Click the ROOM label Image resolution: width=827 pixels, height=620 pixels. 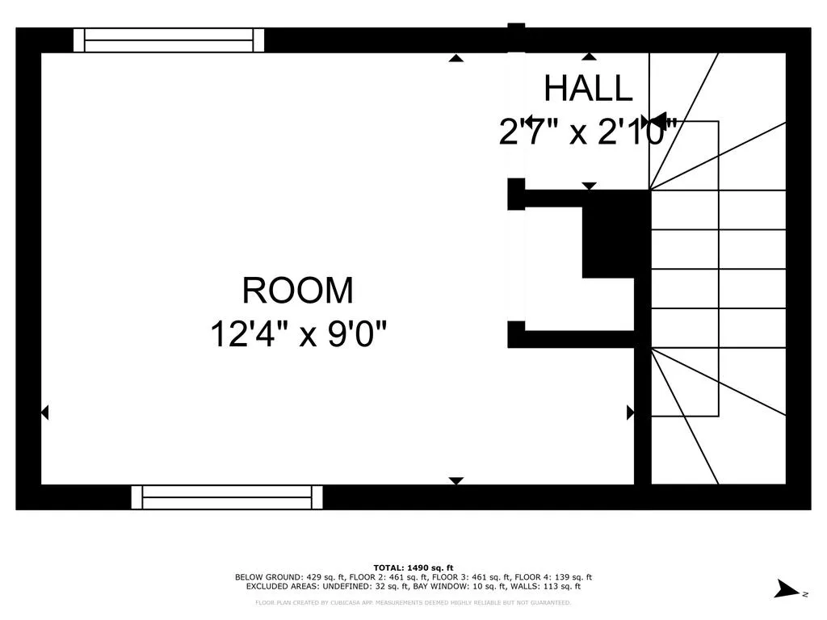tap(297, 291)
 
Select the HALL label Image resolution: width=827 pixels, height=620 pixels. tap(588, 89)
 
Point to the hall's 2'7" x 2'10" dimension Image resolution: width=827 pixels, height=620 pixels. tap(588, 132)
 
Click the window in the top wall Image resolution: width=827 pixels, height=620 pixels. tap(169, 40)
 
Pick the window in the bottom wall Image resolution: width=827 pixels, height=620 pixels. tap(227, 497)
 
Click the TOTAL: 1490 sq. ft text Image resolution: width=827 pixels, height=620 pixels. tap(413, 568)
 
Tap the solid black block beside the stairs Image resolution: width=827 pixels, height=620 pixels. tap(614, 241)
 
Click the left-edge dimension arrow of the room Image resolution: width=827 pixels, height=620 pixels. tap(44, 413)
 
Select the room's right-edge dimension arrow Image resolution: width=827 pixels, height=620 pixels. tap(631, 413)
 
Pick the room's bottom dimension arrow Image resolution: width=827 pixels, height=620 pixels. tap(456, 480)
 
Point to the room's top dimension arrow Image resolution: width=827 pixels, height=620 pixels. tap(456, 58)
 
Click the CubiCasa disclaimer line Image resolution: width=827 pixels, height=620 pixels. tap(413, 602)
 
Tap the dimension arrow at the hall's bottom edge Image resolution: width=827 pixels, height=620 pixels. tap(590, 186)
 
